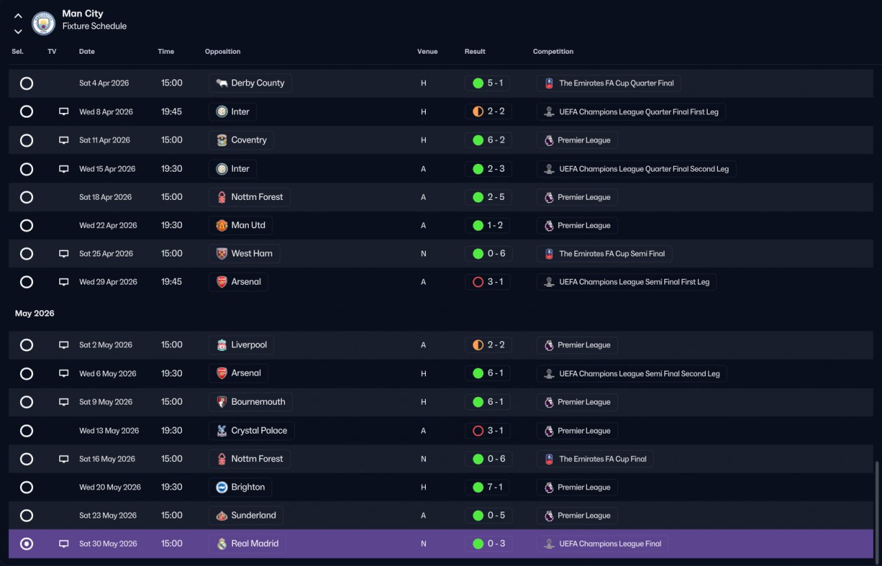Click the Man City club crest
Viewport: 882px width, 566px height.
43,23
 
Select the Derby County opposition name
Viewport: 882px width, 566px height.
258,83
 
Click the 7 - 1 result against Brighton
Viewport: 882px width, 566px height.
495,487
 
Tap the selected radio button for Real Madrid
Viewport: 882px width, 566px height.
26,544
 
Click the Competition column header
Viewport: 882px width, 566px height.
553,52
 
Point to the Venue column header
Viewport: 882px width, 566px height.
427,52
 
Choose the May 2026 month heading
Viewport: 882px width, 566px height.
34,314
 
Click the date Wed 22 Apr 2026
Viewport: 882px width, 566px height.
108,225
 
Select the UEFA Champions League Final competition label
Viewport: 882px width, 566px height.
610,544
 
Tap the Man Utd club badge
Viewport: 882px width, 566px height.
222,225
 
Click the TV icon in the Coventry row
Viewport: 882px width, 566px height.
64,140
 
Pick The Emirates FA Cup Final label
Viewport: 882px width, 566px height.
602,459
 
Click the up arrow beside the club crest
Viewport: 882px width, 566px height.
18,16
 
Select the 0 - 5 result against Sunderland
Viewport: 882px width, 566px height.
496,516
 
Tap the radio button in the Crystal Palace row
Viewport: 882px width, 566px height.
26,431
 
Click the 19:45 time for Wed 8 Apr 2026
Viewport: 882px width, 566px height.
172,112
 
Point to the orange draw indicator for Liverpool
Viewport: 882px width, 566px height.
478,345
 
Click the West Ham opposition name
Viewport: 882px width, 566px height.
252,254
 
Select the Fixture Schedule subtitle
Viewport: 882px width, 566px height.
94,26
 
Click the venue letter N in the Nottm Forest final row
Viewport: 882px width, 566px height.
423,459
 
